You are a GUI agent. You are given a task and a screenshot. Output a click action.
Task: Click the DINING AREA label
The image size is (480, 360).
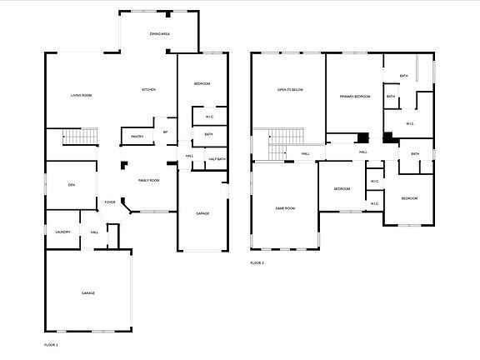tap(160, 34)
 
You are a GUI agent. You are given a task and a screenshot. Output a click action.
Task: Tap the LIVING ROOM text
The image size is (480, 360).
tap(81, 96)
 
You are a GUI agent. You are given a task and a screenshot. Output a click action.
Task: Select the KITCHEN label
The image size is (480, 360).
tap(149, 90)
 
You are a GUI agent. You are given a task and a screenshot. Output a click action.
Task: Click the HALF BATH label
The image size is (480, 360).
tap(217, 159)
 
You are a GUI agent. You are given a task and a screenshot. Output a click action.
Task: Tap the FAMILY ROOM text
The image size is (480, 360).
tap(148, 180)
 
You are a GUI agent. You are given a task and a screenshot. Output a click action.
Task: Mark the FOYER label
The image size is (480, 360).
tap(110, 202)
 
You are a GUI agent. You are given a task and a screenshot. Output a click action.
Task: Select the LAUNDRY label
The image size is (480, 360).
tap(62, 232)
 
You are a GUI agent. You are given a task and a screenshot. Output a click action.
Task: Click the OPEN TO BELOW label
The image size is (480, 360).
tap(288, 90)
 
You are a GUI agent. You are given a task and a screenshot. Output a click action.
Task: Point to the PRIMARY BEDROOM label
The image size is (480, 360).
tap(354, 97)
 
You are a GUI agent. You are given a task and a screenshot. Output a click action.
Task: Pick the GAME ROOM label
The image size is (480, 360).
tap(285, 208)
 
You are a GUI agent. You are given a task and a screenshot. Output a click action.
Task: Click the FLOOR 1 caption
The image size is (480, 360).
tap(51, 343)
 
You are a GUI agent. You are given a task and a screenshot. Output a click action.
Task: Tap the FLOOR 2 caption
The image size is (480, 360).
tap(257, 262)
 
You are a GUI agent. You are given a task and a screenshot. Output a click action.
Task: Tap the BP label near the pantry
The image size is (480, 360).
tap(165, 132)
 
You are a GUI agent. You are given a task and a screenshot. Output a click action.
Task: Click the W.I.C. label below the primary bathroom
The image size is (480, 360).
tap(410, 124)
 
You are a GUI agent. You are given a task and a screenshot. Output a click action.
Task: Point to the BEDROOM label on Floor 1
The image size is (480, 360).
tap(202, 84)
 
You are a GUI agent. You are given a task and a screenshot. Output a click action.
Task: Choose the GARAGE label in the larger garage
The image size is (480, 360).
tap(88, 293)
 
